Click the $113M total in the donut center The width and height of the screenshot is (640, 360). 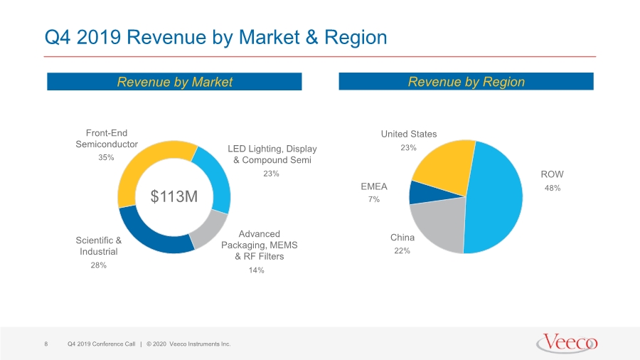(x=174, y=197)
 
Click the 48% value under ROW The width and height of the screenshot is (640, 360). (x=553, y=188)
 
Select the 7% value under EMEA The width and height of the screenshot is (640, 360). (x=374, y=200)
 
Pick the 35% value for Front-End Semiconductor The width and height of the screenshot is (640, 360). (x=106, y=157)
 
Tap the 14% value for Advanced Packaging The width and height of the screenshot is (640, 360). (x=256, y=270)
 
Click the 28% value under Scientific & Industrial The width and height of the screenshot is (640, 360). (x=98, y=265)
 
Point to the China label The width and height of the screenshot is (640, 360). (x=402, y=238)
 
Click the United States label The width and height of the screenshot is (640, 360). (x=409, y=134)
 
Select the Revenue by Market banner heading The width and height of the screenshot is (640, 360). (x=174, y=82)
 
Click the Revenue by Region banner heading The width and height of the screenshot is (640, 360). (x=466, y=82)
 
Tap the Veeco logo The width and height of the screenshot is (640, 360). (x=567, y=343)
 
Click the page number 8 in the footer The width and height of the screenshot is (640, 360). (x=46, y=344)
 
